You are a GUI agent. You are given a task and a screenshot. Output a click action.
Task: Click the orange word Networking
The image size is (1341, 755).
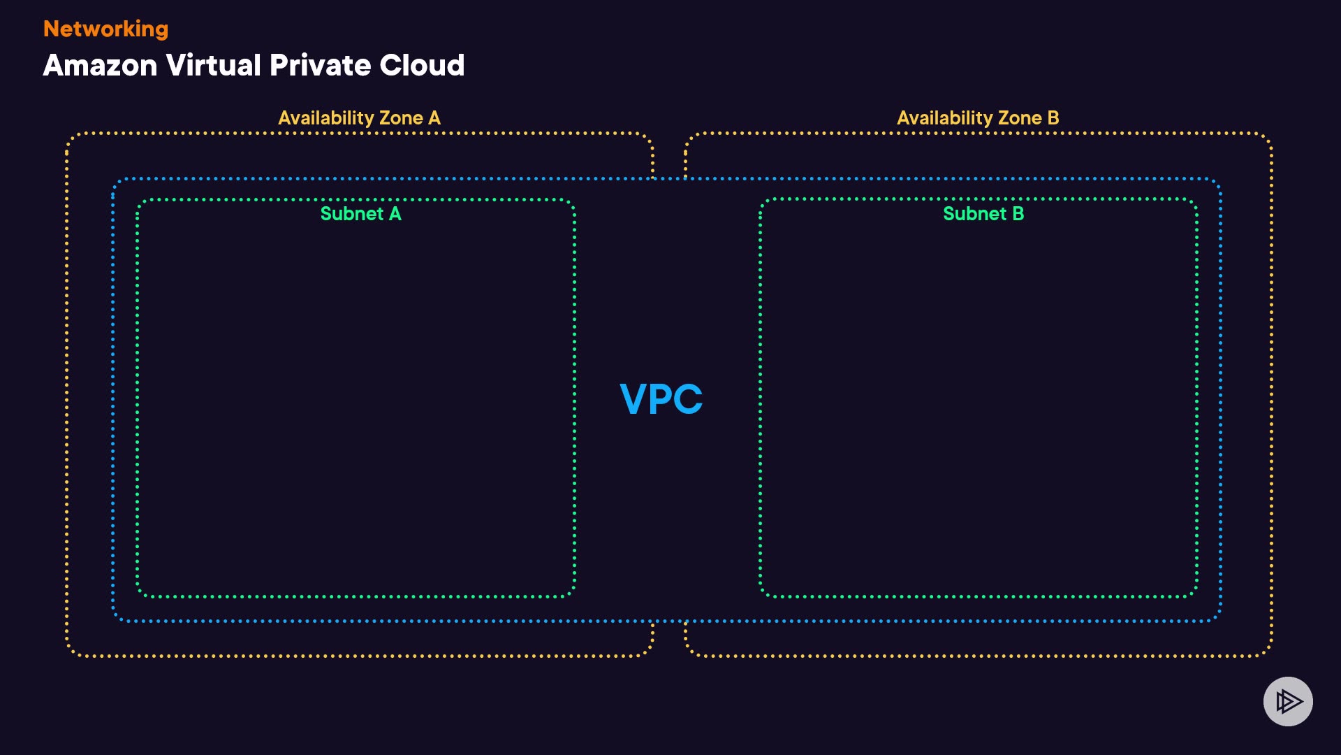pyautogui.click(x=105, y=29)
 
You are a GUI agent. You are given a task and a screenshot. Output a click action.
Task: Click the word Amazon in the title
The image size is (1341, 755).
pyautogui.click(x=100, y=66)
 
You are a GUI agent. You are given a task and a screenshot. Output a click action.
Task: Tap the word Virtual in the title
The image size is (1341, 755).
pyautogui.click(x=214, y=66)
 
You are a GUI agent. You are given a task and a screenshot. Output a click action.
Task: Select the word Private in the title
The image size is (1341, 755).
pyautogui.click(x=320, y=66)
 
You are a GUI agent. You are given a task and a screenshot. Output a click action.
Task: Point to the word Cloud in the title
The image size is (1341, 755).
pyautogui.click(x=422, y=66)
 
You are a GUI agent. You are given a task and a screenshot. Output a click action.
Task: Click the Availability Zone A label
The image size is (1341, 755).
pyautogui.click(x=359, y=118)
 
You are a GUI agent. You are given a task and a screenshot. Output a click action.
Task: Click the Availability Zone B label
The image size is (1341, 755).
pyautogui.click(x=978, y=118)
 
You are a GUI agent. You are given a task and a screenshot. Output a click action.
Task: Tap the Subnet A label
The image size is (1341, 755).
pyautogui.click(x=360, y=214)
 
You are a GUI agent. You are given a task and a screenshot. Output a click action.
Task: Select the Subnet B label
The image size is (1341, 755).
pyautogui.click(x=983, y=214)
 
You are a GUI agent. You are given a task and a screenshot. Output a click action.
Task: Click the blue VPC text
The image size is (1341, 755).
pyautogui.click(x=661, y=399)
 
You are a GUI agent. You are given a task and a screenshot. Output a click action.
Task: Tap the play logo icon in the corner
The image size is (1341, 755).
pyautogui.click(x=1288, y=701)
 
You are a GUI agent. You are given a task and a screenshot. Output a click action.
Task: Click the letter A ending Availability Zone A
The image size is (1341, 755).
pyautogui.click(x=434, y=118)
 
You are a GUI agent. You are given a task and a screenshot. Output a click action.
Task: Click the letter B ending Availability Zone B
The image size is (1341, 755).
pyautogui.click(x=1053, y=118)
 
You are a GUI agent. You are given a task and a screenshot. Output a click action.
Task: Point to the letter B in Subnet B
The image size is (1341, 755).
pyautogui.click(x=1018, y=214)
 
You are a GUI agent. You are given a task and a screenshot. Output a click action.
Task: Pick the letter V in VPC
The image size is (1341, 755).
pyautogui.click(x=633, y=399)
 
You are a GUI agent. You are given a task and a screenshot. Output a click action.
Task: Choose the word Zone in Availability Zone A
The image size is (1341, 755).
pyautogui.click(x=401, y=118)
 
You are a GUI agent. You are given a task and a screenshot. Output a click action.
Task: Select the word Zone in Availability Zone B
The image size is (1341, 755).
pyautogui.click(x=1020, y=118)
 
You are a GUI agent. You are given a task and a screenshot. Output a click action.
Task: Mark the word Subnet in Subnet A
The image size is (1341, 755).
pyautogui.click(x=351, y=214)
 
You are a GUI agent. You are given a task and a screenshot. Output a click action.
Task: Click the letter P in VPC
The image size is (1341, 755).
pyautogui.click(x=661, y=399)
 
